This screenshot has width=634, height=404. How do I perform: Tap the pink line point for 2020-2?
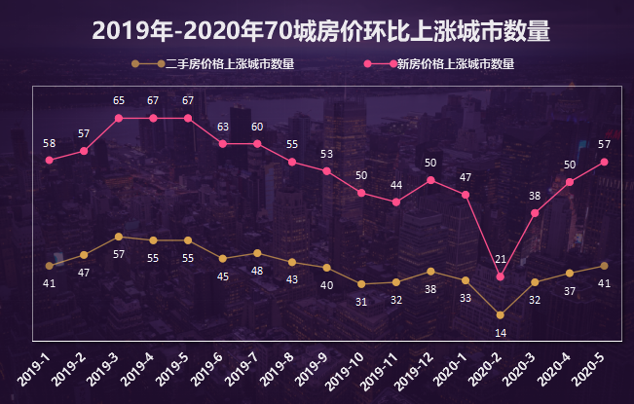[501, 276]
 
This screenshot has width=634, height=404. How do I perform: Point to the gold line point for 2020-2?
[501, 314]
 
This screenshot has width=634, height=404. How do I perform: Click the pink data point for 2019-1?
[50, 160]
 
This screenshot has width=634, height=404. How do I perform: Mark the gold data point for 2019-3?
[119, 237]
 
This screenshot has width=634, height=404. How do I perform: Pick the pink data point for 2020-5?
[605, 162]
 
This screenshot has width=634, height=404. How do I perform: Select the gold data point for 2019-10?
[361, 284]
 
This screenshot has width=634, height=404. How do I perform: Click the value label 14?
[501, 333]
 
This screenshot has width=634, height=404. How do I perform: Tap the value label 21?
[501, 259]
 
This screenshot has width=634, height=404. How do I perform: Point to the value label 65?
[119, 100]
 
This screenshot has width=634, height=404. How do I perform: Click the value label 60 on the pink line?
[257, 127]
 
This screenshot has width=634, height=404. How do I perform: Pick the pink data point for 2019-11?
[396, 202]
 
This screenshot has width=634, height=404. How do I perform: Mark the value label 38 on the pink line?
[535, 196]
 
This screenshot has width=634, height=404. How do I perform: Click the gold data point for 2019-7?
[257, 253]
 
